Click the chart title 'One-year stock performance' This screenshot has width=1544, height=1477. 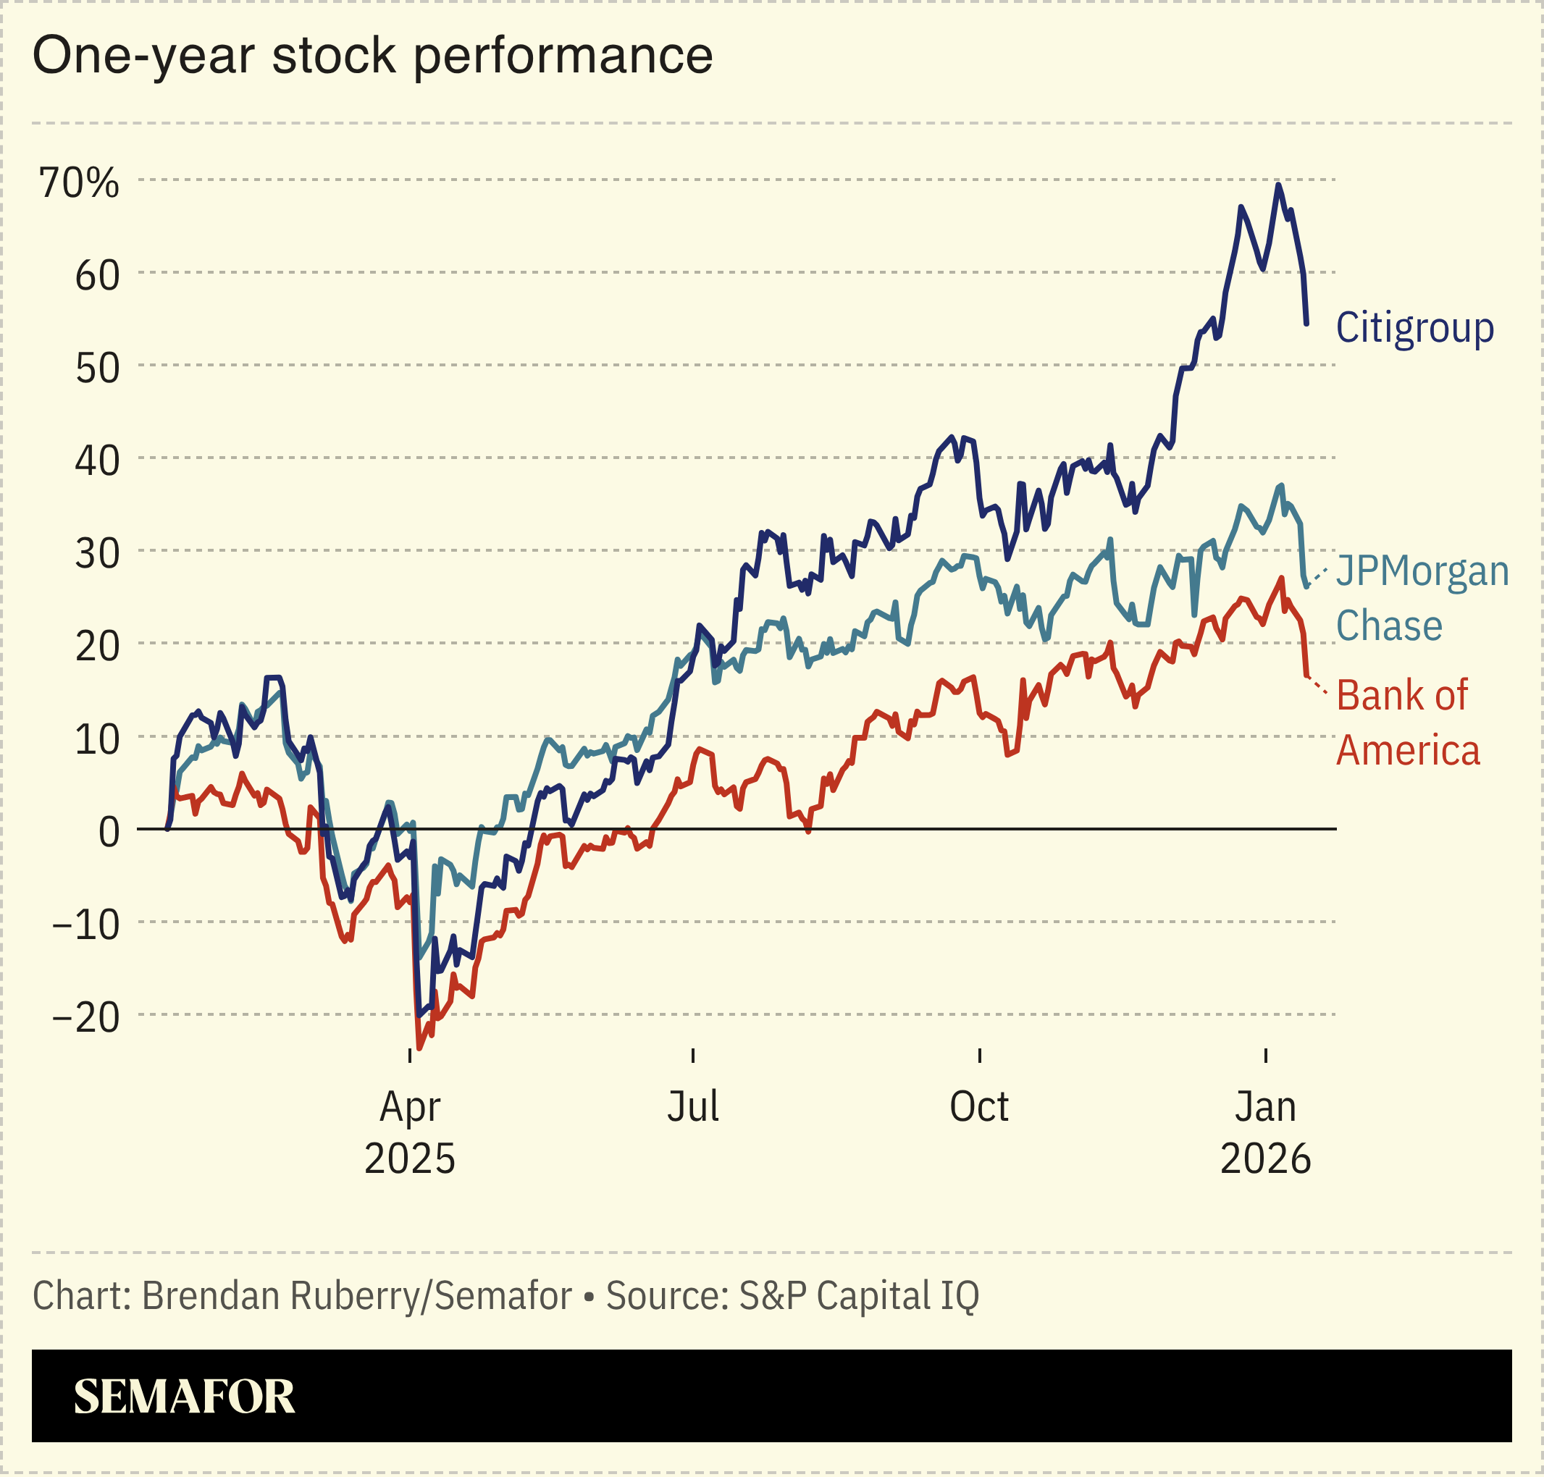(372, 56)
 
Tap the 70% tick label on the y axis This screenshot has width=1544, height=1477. (80, 182)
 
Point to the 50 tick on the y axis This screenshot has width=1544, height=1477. (98, 368)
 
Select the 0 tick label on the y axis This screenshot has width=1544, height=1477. (109, 831)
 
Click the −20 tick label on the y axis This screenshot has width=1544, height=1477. (86, 1017)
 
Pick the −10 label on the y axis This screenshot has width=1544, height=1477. (86, 925)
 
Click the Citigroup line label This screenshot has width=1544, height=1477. (1414, 327)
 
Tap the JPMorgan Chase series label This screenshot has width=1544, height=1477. (1421, 598)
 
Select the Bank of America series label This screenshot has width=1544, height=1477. (1407, 723)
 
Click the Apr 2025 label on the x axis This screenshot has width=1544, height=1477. (409, 1132)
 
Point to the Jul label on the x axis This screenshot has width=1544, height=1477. (693, 1107)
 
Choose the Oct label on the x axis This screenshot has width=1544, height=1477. (978, 1107)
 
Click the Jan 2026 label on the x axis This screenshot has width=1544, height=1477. (1264, 1132)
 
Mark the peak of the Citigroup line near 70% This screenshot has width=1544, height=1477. (1278, 185)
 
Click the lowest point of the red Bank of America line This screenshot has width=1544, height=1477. (419, 1048)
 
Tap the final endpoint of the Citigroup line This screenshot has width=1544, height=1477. (1306, 323)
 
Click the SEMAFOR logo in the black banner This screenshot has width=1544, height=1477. (184, 1397)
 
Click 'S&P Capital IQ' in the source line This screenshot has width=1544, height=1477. (858, 1295)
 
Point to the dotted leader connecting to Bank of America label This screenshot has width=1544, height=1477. (1317, 685)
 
